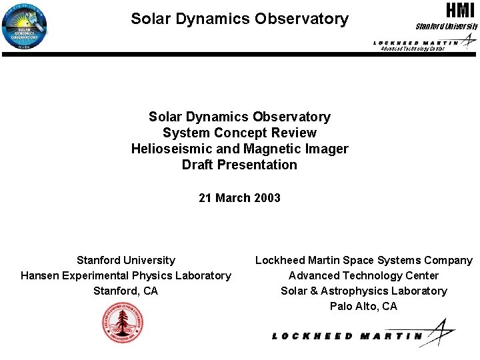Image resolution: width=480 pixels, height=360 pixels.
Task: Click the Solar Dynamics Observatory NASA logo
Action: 25,25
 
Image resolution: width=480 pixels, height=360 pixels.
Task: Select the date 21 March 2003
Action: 239,197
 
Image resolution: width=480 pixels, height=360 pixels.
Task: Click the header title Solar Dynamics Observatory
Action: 239,19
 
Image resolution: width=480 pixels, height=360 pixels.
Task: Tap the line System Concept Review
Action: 239,133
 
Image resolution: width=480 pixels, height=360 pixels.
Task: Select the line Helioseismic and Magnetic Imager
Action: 239,149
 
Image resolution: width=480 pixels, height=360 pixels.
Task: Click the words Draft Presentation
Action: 239,165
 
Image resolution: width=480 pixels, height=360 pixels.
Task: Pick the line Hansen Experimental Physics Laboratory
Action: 126,275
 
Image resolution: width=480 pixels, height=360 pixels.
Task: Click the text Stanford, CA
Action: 126,291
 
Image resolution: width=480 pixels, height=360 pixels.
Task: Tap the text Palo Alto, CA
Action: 363,306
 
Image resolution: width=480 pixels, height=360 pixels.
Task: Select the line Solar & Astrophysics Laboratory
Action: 363,291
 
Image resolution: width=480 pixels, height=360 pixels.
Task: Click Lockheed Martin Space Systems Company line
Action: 363,260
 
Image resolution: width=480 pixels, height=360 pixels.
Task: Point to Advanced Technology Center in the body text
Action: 363,275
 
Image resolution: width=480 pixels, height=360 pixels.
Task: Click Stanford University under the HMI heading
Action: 447,27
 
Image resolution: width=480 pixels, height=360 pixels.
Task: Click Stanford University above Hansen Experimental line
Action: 126,260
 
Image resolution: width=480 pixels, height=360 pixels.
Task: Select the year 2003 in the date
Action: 267,197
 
